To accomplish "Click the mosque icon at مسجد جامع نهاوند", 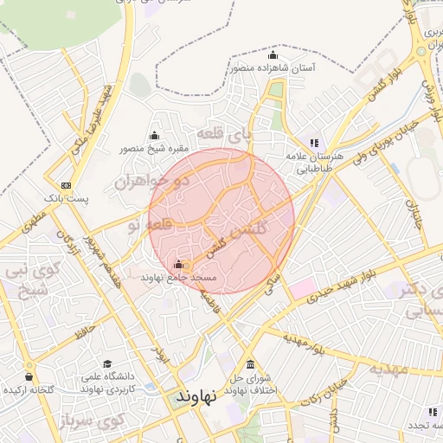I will click(178, 264).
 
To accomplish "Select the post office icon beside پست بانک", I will click(66, 185).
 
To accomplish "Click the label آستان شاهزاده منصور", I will click(272, 67).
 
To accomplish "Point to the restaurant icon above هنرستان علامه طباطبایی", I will click(313, 143).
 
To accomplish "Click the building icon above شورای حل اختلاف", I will click(251, 364).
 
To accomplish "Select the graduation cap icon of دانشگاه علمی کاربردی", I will click(107, 364).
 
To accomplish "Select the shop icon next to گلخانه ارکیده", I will click(30, 377).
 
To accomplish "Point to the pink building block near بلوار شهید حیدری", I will click(303, 288).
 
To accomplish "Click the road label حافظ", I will click(84, 330).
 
